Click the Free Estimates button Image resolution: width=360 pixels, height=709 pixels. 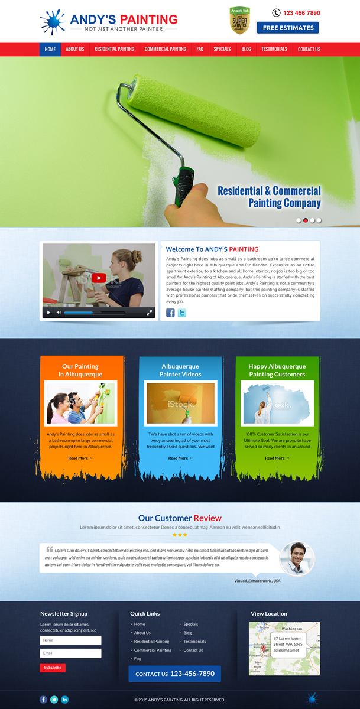pos(288,28)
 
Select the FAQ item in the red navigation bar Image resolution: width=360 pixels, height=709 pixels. pos(200,49)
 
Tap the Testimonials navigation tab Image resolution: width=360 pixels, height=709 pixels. pos(274,49)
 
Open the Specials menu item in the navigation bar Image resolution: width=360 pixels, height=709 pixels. pos(222,49)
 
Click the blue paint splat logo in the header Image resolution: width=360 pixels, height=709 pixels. pos(53,22)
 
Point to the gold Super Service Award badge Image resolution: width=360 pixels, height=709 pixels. pos(239,21)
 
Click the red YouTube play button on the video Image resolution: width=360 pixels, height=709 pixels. pos(99,278)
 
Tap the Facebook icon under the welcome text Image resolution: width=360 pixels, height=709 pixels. pos(170,313)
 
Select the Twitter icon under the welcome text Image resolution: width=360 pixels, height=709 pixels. pos(182,313)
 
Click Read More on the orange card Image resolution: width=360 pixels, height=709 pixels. pos(80,458)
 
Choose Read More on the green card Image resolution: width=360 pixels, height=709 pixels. pos(277,458)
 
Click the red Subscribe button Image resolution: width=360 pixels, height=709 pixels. pos(53,668)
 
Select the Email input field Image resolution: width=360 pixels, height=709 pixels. pos(70,653)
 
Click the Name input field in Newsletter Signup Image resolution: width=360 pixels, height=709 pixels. pos(70,640)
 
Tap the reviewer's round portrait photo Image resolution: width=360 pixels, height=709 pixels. pos(297,558)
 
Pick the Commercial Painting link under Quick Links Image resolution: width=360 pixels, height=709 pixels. pos(153,650)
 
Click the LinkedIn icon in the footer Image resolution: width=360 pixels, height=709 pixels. pos(65,700)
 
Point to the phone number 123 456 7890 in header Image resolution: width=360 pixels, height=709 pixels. pos(301,13)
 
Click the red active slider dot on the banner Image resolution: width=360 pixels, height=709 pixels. pos(306,220)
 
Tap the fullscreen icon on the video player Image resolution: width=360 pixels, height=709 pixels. pos(150,312)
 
